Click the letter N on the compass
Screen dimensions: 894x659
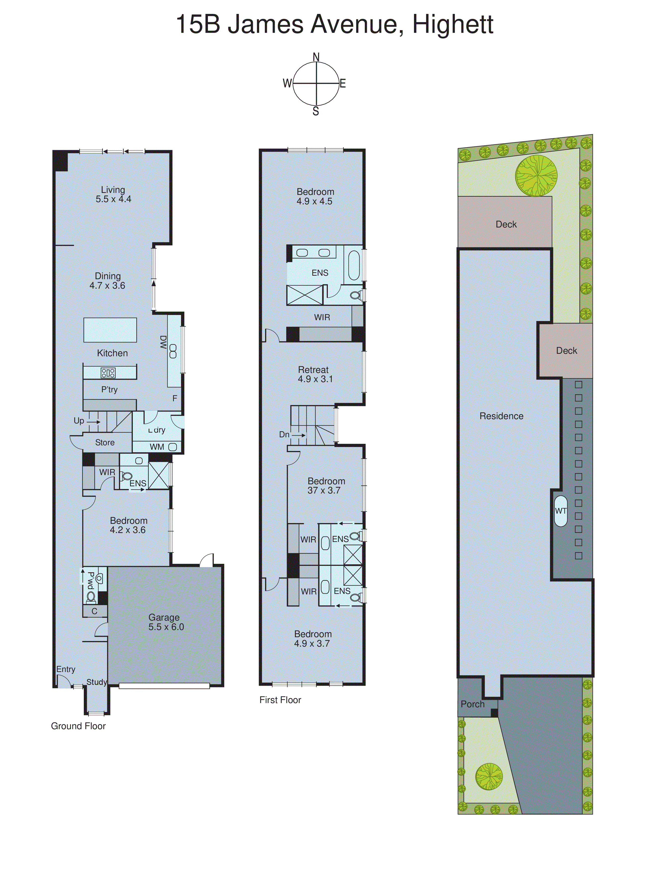(316, 57)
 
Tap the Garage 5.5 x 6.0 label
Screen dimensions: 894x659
(166, 622)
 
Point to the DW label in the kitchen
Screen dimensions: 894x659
(163, 342)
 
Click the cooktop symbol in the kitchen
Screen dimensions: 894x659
(108, 373)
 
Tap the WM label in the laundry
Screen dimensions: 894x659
(157, 447)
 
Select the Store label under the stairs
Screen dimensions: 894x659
(104, 442)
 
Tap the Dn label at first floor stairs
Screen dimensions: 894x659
(284, 434)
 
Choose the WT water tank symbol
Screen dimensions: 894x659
(561, 511)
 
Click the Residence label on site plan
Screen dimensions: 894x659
(501, 416)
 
